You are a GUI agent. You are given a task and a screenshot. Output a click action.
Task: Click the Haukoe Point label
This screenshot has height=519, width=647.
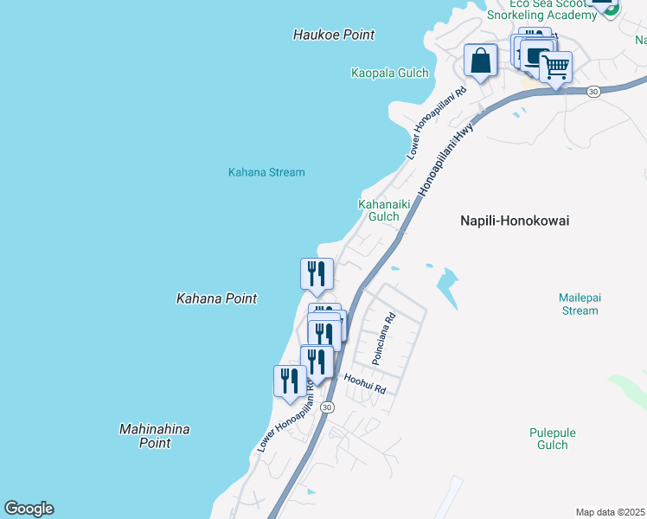(334, 35)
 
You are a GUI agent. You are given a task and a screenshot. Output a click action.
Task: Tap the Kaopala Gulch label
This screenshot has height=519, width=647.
(390, 73)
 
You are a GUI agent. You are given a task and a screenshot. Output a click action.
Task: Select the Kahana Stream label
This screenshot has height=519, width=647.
(266, 172)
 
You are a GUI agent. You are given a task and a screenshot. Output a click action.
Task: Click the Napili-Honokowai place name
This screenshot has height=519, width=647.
(514, 221)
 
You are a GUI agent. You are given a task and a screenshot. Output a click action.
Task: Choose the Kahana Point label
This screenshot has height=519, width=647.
(216, 298)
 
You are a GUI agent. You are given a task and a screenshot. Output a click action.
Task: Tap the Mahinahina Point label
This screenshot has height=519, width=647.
(155, 436)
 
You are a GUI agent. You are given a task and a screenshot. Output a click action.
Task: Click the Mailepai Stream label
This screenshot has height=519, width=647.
(580, 304)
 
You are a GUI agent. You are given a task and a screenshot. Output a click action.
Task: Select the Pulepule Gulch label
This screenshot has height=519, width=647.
(552, 439)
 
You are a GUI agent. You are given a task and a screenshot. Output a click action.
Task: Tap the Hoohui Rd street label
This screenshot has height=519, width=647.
(364, 384)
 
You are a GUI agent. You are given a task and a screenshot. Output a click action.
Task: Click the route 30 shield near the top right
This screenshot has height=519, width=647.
(593, 91)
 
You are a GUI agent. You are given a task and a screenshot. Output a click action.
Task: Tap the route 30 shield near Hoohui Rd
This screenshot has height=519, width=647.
(326, 407)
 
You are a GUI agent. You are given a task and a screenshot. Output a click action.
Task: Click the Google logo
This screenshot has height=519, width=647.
(29, 509)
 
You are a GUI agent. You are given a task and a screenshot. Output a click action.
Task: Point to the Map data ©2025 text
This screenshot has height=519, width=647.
(611, 512)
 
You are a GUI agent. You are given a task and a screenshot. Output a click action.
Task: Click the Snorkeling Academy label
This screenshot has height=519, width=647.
(541, 15)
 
